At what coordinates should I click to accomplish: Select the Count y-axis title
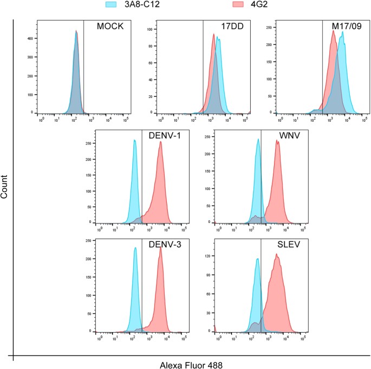point(5,186)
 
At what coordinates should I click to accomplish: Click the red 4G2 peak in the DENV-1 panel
point(161,143)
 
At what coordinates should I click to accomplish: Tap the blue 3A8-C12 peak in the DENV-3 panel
point(135,248)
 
